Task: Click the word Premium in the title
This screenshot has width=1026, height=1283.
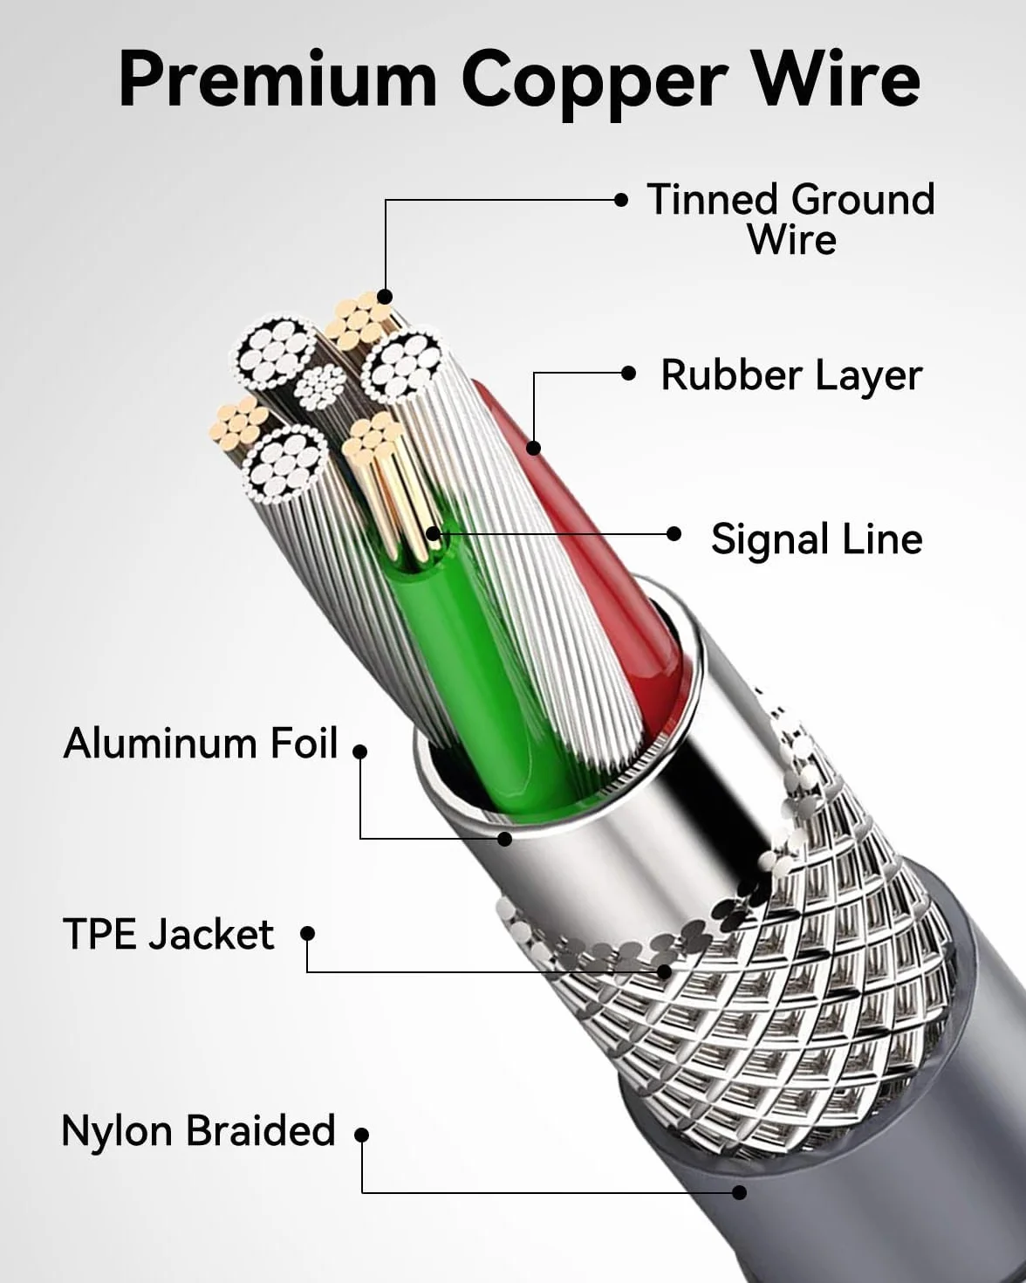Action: [277, 80]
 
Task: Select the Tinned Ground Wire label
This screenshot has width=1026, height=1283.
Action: [791, 219]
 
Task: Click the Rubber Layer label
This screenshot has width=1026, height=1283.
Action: [791, 375]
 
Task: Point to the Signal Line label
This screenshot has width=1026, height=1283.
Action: [817, 539]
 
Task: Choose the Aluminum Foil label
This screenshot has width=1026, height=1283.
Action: [201, 744]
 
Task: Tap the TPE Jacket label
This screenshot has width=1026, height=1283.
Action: [168, 934]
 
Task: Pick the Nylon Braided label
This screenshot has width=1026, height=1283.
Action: [199, 1131]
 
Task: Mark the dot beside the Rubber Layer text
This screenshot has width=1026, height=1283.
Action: [628, 374]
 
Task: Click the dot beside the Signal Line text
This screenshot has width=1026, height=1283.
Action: [674, 533]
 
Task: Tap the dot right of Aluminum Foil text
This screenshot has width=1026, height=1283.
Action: [359, 751]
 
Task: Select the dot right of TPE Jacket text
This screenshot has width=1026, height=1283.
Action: [307, 934]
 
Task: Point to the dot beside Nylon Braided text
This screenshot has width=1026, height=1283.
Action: [361, 1134]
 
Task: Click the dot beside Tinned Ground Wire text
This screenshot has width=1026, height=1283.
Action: [620, 200]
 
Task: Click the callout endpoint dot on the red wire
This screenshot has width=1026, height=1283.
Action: [534, 447]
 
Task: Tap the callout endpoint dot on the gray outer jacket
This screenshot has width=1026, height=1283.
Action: [739, 1192]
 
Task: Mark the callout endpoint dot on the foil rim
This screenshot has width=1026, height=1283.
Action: [504, 839]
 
